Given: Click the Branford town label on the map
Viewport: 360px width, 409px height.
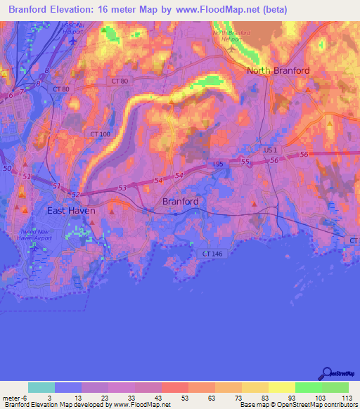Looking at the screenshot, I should pyautogui.click(x=180, y=202).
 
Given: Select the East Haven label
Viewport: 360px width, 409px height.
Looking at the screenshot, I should pyautogui.click(x=70, y=210).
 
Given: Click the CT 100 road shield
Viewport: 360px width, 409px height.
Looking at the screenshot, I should pyautogui.click(x=101, y=134).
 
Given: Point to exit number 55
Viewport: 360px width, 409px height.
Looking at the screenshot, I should pyautogui.click(x=245, y=162).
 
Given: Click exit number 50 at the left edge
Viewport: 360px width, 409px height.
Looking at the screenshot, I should pyautogui.click(x=7, y=169).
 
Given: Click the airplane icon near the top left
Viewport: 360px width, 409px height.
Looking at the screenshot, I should pyautogui.click(x=73, y=39).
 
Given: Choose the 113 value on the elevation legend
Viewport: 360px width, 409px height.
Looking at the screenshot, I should pyautogui.click(x=346, y=398).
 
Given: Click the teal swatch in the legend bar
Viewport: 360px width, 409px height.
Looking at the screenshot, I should pyautogui.click(x=41, y=387).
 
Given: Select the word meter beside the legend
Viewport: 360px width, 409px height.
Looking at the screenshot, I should pyautogui.click(x=11, y=398).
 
